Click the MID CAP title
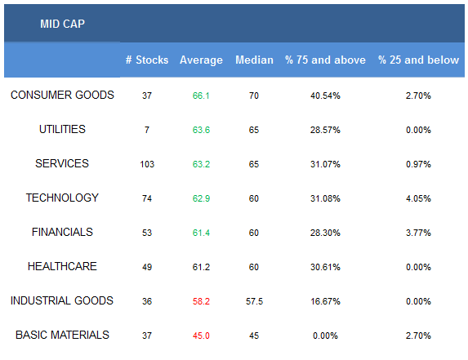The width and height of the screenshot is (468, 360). [x=62, y=24]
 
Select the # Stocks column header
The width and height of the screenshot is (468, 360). [x=147, y=60]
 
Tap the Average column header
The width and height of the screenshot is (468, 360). [x=201, y=60]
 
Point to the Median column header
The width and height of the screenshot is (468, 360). [x=254, y=60]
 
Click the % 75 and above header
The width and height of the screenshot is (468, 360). [x=325, y=60]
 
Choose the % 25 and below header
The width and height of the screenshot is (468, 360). [x=418, y=60]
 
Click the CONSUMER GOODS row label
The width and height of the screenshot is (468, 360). [x=62, y=95]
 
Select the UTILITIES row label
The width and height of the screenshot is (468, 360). [x=62, y=129]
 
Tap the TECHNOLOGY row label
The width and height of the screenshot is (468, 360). [x=62, y=198]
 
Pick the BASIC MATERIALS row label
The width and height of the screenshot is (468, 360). [x=62, y=335]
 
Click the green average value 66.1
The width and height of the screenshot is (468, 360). [x=201, y=96]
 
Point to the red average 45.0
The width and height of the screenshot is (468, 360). [x=201, y=336]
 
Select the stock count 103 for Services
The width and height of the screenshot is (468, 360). [x=147, y=164]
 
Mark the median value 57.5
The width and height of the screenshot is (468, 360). [x=254, y=301]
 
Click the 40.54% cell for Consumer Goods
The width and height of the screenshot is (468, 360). [x=325, y=96]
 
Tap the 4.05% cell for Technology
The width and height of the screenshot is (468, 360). [x=418, y=198]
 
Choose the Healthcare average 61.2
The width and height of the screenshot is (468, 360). [x=201, y=267]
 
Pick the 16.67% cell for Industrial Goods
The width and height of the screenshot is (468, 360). [x=325, y=301]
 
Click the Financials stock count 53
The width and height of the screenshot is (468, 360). [x=147, y=233]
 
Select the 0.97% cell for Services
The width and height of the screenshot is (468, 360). [x=418, y=164]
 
